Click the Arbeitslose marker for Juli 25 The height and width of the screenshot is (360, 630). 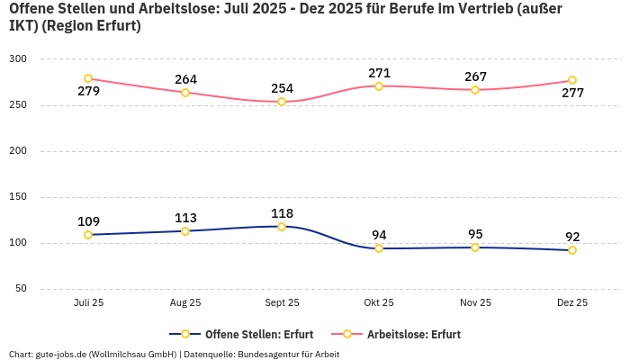88,78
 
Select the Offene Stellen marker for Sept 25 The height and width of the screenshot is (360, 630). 282,227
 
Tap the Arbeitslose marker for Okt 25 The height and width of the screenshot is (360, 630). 379,86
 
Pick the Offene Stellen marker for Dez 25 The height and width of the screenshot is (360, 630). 572,250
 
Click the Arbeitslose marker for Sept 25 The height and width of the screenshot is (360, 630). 282,102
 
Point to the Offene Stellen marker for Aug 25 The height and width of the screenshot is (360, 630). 185,231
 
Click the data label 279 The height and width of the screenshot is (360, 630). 88,91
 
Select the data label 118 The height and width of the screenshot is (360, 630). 282,213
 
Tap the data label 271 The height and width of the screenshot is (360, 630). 379,73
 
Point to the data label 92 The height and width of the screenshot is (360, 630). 572,237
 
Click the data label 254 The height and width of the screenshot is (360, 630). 282,89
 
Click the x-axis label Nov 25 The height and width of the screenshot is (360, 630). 475,303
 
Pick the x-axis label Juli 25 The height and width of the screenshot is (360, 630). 88,303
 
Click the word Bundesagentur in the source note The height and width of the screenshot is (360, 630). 268,354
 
